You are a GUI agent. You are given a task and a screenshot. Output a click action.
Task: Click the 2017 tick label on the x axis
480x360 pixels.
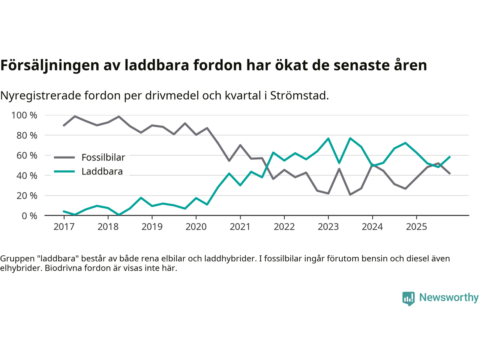[64, 227]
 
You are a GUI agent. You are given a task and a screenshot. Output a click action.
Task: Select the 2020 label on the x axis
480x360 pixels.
[196, 227]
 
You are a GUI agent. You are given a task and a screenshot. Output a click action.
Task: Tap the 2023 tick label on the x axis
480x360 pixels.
[328, 227]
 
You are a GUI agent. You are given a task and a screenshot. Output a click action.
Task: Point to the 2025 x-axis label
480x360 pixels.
[417, 227]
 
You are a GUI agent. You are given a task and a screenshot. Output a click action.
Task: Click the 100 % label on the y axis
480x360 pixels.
[24, 115]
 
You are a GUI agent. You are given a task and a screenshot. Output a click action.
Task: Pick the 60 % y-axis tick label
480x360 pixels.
[27, 155]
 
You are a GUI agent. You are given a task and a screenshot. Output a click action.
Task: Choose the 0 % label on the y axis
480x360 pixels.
[29, 216]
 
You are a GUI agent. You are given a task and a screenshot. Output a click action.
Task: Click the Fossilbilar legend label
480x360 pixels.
[103, 157]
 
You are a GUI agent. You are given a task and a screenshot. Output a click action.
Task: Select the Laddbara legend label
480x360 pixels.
[102, 172]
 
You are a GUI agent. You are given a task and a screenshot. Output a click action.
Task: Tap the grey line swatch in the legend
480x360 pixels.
[64, 157]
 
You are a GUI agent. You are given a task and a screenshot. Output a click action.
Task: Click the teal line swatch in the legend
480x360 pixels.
[64, 172]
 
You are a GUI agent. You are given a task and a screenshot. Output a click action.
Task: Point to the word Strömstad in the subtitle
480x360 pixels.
[299, 96]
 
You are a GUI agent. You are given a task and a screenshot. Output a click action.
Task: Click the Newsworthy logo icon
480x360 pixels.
[408, 298]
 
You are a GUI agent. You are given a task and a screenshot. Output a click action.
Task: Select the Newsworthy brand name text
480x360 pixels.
[449, 297]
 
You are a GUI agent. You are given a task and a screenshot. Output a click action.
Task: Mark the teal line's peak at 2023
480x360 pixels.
[328, 139]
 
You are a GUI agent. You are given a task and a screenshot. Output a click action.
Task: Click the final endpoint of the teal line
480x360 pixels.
[450, 157]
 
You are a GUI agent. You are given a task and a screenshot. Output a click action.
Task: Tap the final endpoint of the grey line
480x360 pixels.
[450, 174]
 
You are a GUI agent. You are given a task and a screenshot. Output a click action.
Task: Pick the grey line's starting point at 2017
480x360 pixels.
[64, 126]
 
